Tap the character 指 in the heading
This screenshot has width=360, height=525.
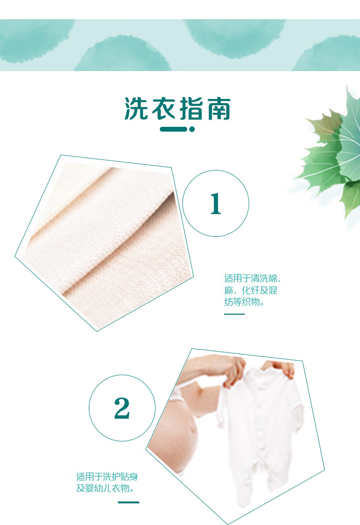click(191, 109)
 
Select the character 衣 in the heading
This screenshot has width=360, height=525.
click(164, 109)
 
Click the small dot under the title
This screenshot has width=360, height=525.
click(192, 129)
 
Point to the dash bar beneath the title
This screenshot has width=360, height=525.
click(173, 129)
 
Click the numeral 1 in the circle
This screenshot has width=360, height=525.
click(216, 204)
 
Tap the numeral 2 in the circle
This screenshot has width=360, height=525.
click(122, 408)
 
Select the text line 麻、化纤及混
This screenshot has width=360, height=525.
click(251, 291)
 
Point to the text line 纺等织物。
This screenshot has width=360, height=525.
click(244, 303)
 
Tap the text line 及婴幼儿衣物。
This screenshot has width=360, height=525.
click(105, 489)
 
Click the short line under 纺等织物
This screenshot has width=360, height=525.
click(234, 314)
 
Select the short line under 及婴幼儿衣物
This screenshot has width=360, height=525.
click(129, 502)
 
